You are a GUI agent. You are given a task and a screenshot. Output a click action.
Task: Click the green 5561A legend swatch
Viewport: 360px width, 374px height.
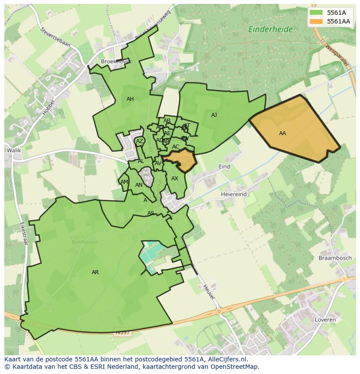(x=316, y=13)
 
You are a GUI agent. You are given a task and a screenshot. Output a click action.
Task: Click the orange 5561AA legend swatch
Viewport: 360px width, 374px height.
(x=316, y=21)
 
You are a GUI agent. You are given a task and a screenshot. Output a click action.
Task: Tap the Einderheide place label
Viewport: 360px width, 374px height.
(x=270, y=30)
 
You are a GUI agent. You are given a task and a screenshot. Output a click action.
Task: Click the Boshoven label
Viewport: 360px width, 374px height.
(x=84, y=242)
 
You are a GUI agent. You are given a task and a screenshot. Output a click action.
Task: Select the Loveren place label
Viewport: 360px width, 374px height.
(x=324, y=320)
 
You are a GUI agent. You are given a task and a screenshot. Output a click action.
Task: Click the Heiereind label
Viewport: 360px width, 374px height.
(x=233, y=194)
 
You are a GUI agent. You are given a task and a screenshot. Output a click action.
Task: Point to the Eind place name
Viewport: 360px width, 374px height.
(x=224, y=166)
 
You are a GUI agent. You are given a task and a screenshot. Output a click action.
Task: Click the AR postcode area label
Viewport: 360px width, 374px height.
(x=95, y=272)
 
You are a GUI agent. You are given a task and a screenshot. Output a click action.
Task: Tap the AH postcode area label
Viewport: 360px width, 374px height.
(x=130, y=99)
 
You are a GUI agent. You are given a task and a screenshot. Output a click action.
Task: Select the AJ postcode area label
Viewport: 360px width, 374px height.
(x=214, y=115)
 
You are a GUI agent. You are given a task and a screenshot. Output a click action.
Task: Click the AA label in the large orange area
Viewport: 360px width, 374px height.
(x=283, y=133)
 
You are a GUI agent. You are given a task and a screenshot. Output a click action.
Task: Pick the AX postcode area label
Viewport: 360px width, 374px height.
(x=175, y=179)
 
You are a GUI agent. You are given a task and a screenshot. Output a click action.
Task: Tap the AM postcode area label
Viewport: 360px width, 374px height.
(x=124, y=182)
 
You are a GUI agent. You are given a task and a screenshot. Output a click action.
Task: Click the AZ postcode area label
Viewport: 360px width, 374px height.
(x=140, y=141)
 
